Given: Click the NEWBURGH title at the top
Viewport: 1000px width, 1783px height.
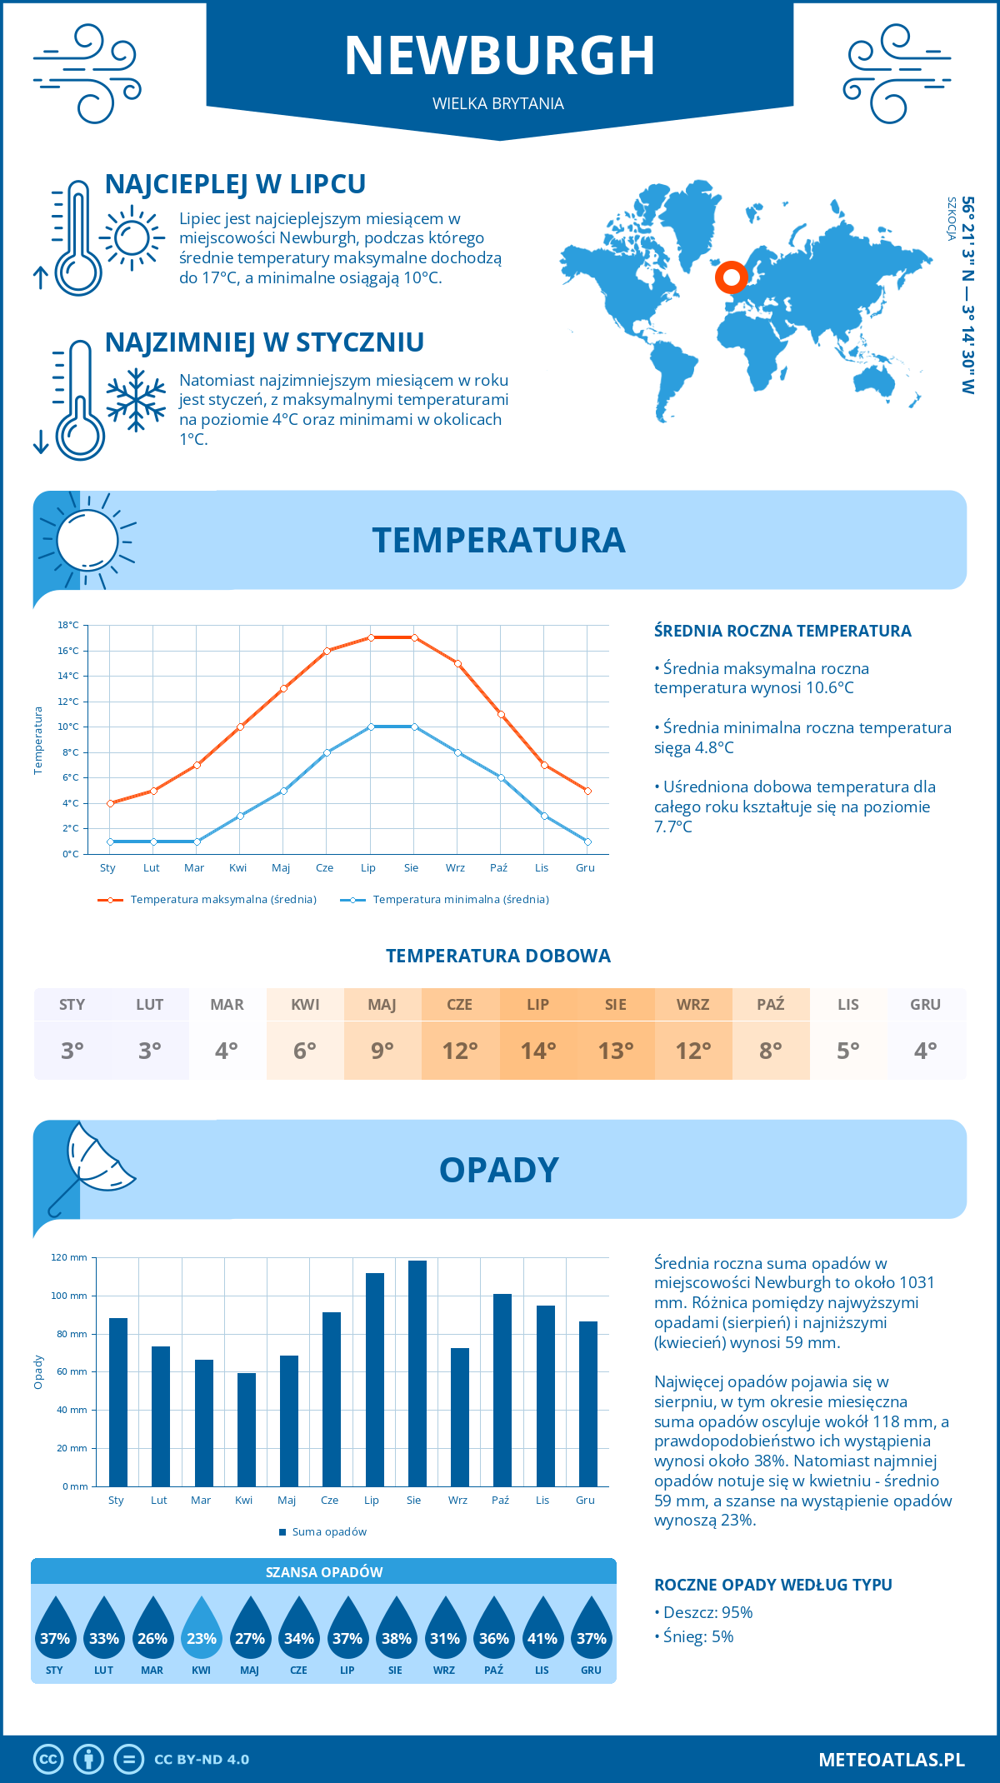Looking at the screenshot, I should pos(499,56).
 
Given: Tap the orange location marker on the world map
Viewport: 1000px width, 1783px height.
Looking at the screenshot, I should pos(732,277).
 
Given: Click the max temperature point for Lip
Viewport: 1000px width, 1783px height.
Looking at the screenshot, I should pos(371,637).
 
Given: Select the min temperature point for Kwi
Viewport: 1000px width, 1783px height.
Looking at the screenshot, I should pos(240,816).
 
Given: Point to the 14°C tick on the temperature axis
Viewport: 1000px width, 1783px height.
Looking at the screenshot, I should pos(68,676).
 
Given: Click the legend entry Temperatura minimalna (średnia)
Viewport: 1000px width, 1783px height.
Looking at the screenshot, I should pos(460,900).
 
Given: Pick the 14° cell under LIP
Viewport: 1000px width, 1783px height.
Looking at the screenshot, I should pos(538,1051).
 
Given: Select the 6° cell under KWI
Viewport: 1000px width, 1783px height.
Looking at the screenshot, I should pos(305,1051).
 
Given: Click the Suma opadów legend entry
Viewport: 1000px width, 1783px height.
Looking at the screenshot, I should pos(328,1532).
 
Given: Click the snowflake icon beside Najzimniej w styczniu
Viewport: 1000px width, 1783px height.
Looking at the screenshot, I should pos(136,400).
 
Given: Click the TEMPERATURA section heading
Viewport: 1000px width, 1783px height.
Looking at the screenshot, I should pos(498,540).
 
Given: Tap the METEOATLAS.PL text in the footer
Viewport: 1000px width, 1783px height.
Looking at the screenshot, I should pos(892,1760).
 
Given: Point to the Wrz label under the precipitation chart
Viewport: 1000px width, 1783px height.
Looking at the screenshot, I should pos(457,1501).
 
